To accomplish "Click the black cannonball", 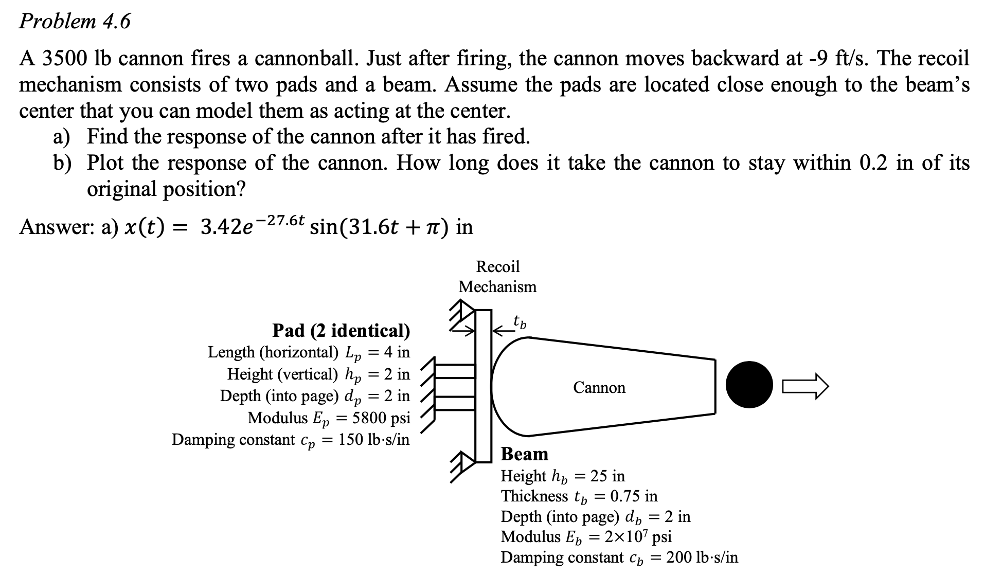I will (x=749, y=385).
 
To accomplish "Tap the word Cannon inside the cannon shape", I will (x=599, y=387).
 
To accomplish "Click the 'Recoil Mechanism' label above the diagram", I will (x=497, y=277).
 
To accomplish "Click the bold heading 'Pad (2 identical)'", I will (x=341, y=330).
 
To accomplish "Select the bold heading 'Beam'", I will (x=525, y=454).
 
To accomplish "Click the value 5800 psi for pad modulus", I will (x=381, y=418).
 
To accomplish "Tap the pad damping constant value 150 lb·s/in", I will (x=373, y=440).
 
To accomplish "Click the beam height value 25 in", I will (x=607, y=476).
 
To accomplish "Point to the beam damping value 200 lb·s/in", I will (x=702, y=557).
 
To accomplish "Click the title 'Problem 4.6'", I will (x=75, y=22).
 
